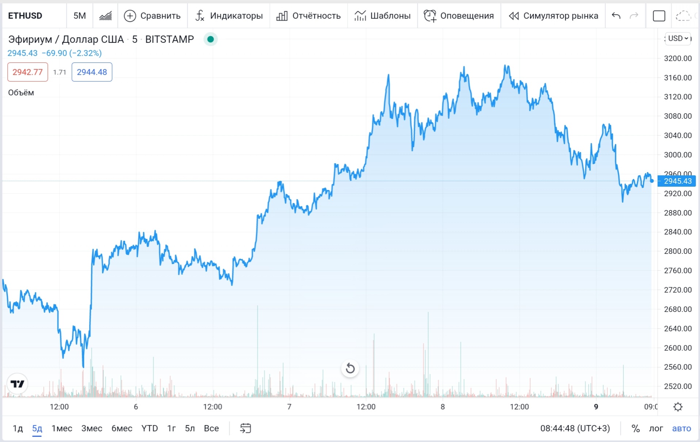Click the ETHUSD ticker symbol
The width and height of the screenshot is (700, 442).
25,16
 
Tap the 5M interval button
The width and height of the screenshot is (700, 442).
80,16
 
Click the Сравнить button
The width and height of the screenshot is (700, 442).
152,16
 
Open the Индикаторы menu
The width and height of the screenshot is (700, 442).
229,16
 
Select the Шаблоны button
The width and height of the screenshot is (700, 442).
382,16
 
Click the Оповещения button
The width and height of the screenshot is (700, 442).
459,16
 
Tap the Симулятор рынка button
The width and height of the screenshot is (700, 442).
553,16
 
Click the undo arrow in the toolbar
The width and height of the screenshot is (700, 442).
616,16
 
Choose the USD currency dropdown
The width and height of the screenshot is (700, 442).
678,38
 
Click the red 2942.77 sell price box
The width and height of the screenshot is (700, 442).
28,72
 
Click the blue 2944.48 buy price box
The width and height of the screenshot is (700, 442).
92,72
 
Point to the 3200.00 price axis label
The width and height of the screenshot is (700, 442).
678,58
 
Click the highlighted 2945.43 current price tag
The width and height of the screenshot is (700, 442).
677,181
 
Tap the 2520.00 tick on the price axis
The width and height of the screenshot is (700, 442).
678,386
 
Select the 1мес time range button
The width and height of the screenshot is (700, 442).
62,428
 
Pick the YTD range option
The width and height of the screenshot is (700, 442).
149,428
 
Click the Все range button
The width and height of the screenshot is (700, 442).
211,428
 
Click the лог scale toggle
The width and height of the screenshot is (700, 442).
656,428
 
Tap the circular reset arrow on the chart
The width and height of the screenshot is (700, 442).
350,368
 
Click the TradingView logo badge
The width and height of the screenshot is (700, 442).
17,384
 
